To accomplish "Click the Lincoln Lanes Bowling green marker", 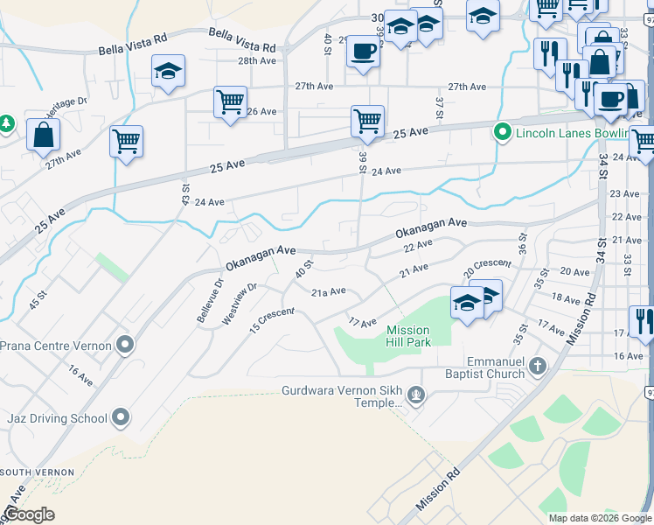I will (502, 133).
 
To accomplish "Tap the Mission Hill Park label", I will (408, 336).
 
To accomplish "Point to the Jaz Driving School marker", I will (122, 418).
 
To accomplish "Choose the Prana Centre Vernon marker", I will (126, 345).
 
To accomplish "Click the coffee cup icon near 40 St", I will (362, 51).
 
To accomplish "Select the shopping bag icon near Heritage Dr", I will (43, 136).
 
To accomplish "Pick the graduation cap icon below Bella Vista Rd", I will (168, 72).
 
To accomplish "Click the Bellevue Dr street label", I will (211, 300).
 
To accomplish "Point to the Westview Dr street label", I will (240, 304).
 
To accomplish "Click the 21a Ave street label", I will (329, 290).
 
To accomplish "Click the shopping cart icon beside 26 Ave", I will (229, 101).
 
